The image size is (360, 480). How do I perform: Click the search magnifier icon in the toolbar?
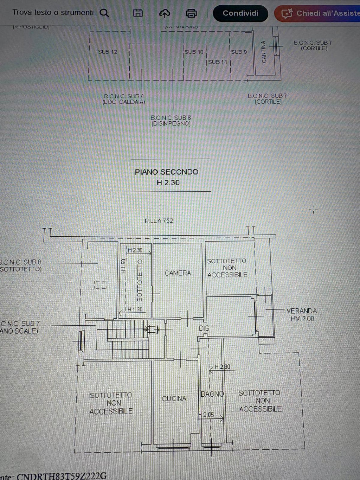(104, 13)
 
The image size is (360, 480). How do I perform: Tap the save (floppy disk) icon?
(138, 13)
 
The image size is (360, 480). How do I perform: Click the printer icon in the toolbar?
(191, 13)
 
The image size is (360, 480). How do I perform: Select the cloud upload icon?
(165, 13)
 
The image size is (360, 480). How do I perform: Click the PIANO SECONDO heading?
(166, 172)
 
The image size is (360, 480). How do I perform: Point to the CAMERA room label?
(178, 273)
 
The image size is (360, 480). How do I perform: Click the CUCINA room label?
(174, 398)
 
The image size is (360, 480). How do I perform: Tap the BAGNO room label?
(212, 394)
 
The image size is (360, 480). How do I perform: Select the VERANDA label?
(301, 311)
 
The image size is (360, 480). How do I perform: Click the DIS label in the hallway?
(204, 328)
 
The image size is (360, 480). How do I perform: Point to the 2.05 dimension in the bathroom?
(208, 415)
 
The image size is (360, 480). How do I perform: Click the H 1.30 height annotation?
(135, 309)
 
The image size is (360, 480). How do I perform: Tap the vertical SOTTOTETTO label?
(140, 280)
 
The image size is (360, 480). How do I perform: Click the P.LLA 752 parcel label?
(159, 221)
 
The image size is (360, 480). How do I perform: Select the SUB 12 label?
(107, 52)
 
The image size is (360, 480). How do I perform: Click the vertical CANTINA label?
(264, 52)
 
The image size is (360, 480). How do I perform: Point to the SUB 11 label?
(218, 62)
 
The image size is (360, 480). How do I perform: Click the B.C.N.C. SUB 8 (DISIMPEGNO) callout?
(171, 121)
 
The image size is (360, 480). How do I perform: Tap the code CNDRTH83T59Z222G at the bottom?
(62, 476)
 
